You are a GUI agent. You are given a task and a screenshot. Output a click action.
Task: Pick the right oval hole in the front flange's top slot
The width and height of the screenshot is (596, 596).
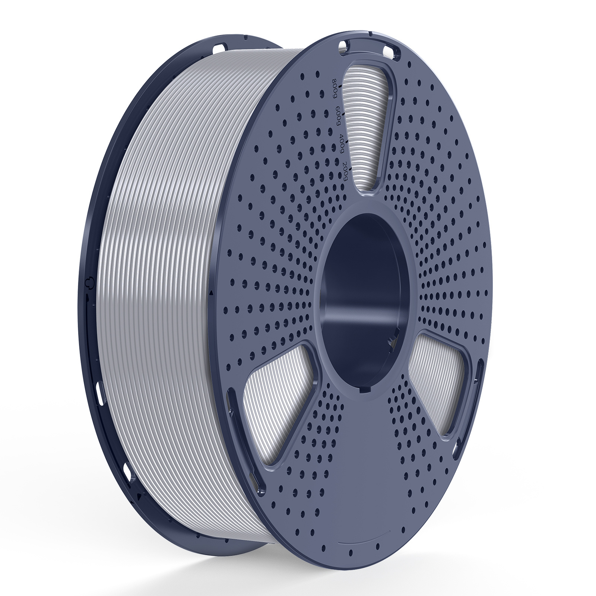pos(392,48)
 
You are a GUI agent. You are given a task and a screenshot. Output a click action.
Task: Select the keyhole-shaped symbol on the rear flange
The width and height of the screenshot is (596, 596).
pos(89,282)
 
